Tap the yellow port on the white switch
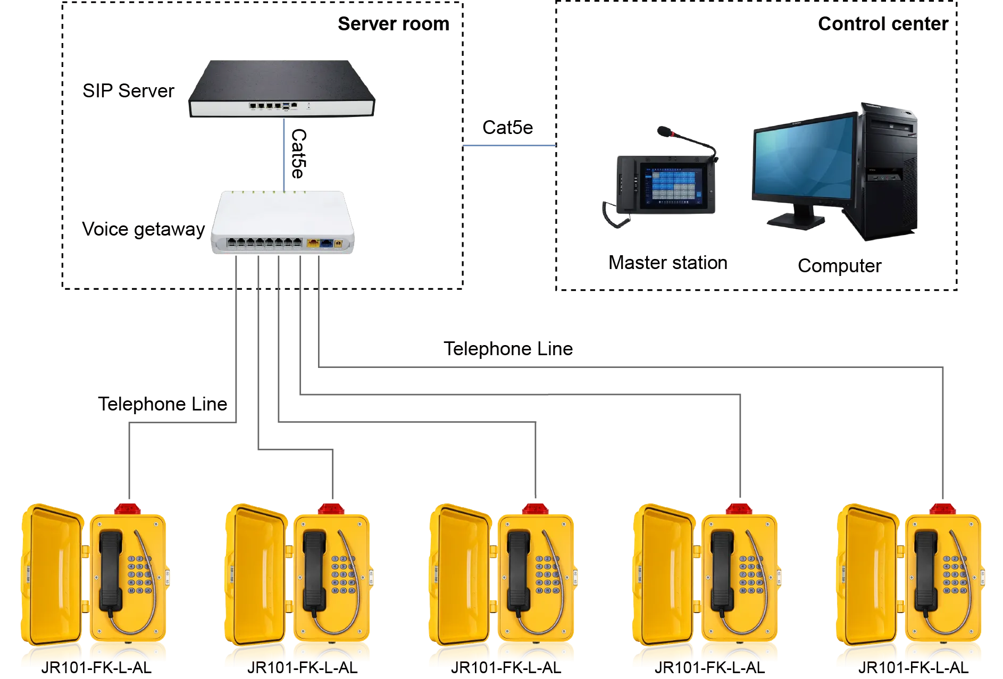313,244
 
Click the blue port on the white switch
326,244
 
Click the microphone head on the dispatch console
663,130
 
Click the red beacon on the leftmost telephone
129,508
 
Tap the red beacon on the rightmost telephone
943,508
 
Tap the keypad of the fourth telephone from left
748,575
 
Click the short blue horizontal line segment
508,146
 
